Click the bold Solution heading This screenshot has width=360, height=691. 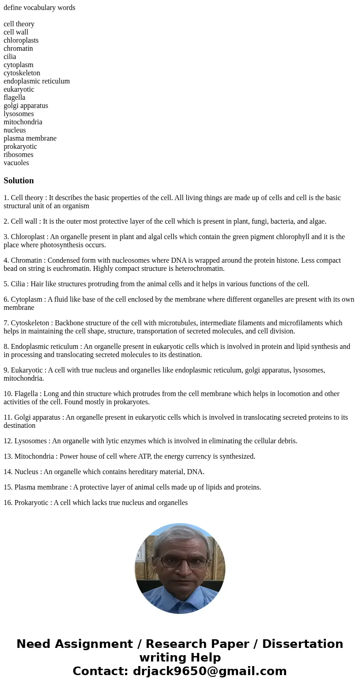click(19, 181)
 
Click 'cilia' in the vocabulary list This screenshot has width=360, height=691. click(10, 57)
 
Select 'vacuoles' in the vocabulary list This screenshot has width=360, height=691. click(16, 163)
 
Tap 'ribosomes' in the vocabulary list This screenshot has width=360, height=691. click(19, 155)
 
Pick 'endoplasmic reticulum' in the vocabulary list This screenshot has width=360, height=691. click(37, 81)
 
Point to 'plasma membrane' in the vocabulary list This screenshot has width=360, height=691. click(30, 138)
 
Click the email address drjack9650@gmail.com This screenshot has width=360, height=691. click(209, 671)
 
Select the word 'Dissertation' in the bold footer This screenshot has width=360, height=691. click(302, 644)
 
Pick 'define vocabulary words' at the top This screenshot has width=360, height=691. click(39, 8)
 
